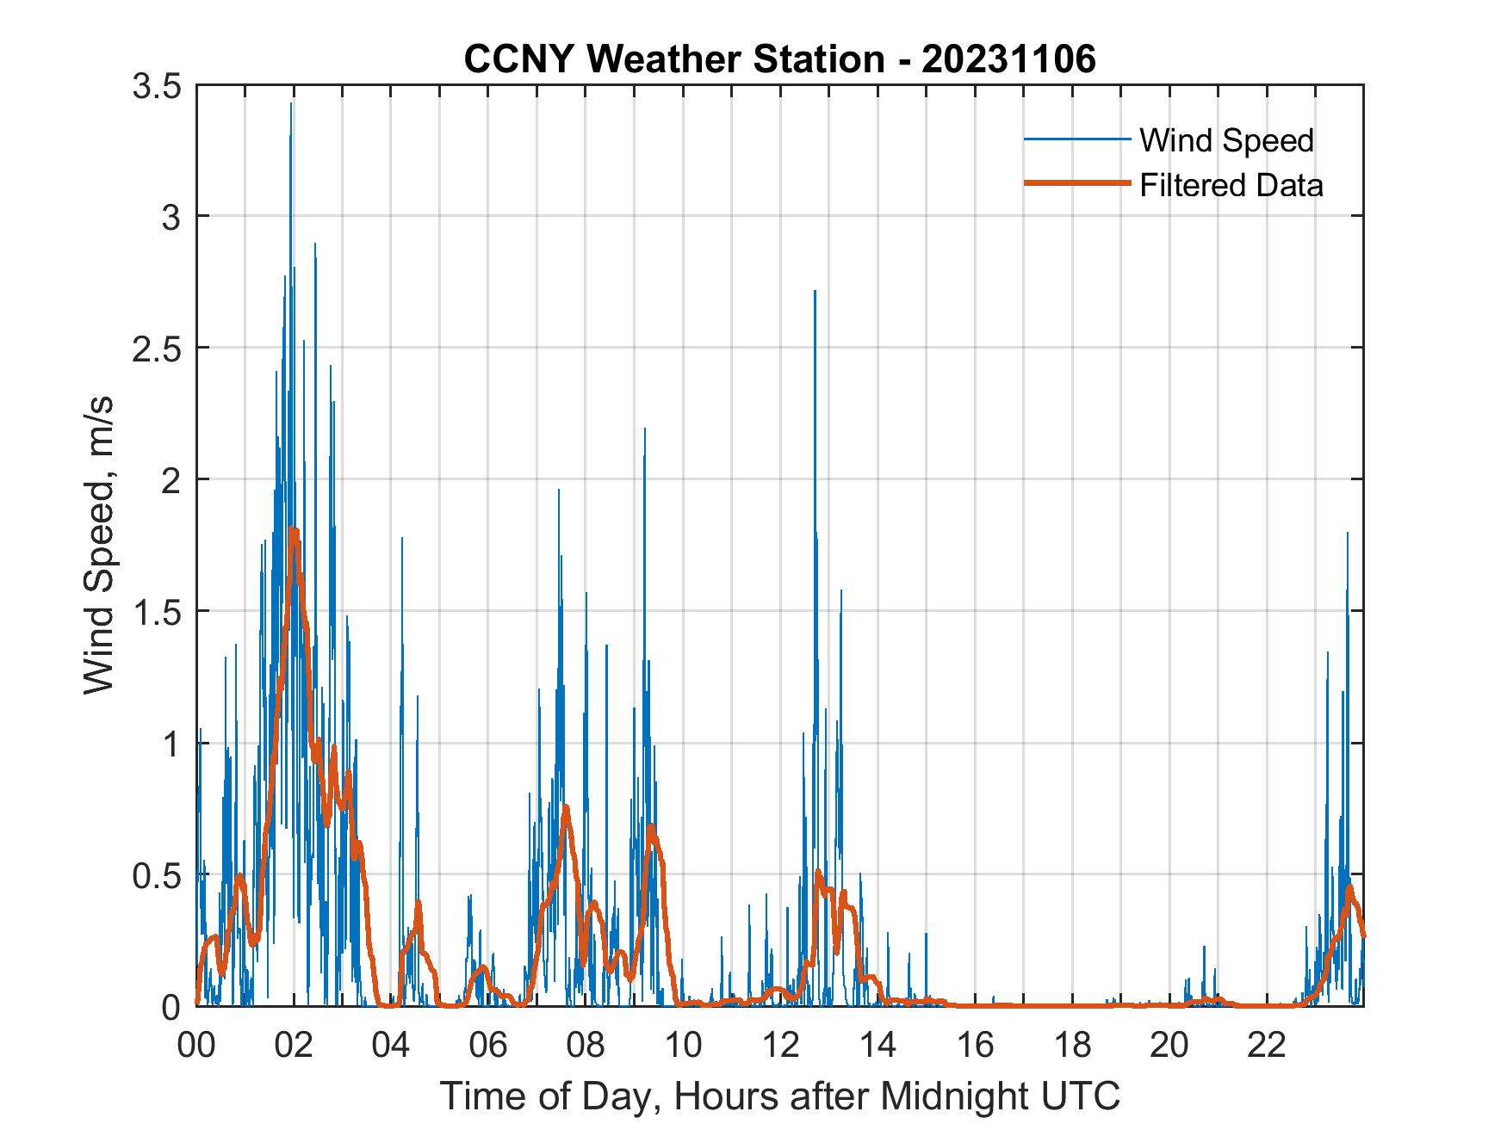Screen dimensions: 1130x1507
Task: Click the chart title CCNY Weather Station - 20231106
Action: coord(779,59)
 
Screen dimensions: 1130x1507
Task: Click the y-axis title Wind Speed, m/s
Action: coord(100,546)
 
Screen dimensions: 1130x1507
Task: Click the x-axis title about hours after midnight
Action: coord(780,1096)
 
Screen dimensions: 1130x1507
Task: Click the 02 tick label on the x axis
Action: coord(294,1046)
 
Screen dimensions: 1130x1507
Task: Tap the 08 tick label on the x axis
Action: coord(586,1046)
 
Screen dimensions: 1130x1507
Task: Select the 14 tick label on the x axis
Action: coord(878,1046)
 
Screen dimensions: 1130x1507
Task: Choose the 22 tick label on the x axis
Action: coord(1267,1046)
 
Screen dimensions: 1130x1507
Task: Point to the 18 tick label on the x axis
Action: coord(1072,1046)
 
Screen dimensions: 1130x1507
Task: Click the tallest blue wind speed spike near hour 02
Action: coord(291,104)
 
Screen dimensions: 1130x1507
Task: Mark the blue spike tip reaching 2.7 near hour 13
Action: coord(815,292)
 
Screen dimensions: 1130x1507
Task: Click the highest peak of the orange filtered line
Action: coord(294,530)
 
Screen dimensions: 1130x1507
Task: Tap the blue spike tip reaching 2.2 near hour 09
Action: coord(645,429)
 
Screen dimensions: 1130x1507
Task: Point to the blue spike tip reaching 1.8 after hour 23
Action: coord(1348,534)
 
